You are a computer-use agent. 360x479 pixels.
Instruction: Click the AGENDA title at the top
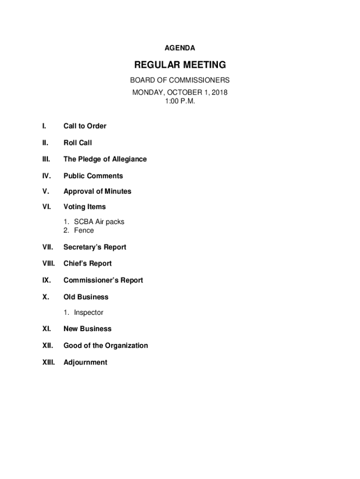pos(180,48)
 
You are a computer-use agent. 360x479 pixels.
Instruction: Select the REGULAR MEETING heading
pos(180,65)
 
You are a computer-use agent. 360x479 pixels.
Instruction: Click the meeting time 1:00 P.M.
pos(180,101)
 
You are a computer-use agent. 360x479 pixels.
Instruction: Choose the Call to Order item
pos(85,126)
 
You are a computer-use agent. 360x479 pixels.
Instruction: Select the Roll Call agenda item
pos(78,143)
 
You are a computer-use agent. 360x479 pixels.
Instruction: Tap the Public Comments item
pos(93,176)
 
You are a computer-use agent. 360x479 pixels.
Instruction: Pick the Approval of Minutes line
pos(97,191)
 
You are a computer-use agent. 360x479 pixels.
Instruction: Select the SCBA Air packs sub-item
pos(99,222)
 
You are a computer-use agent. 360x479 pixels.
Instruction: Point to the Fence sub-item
pos(84,230)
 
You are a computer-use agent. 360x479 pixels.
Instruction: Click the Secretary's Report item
pos(95,247)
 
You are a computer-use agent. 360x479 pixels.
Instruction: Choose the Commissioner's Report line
pos(103,280)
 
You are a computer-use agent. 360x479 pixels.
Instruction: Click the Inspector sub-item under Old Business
pos(88,312)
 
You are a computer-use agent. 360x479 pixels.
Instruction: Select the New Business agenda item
pos(87,329)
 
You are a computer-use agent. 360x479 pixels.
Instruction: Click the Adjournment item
pos(85,362)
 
